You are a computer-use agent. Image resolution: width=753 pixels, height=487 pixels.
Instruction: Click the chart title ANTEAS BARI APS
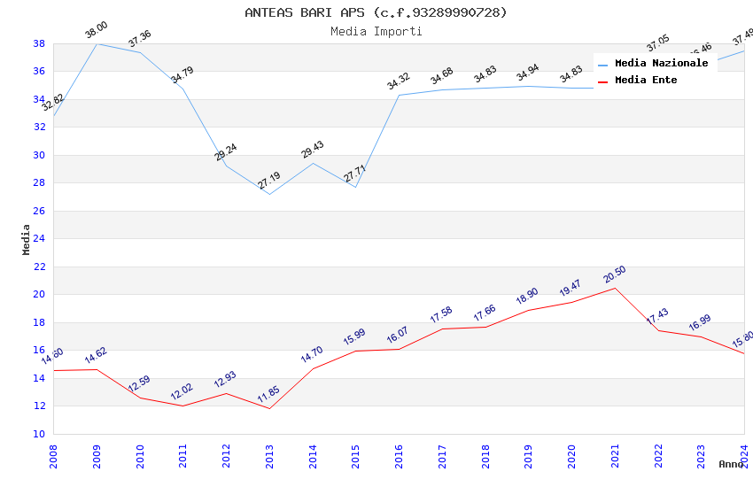point(376,12)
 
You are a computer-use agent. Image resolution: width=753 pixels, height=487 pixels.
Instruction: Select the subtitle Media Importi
point(376,31)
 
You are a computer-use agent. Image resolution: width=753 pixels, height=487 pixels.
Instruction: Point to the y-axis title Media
point(26,239)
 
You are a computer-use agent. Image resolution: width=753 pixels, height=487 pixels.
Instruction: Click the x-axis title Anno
point(731,464)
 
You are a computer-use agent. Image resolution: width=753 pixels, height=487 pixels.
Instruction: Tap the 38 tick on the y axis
point(39,43)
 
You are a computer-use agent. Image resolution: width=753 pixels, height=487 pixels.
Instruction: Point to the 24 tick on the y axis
point(39,239)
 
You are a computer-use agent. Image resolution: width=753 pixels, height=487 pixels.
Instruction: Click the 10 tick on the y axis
point(39,434)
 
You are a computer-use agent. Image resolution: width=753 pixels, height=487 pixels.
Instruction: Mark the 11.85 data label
point(268,394)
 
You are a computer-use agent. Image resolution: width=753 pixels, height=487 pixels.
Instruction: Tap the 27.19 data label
point(268,181)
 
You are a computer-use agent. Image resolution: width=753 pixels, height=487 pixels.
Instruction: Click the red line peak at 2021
point(615,288)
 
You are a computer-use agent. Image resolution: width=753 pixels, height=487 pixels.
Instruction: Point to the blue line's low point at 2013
point(269,194)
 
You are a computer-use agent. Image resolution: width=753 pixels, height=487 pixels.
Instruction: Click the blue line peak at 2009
point(97,43)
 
